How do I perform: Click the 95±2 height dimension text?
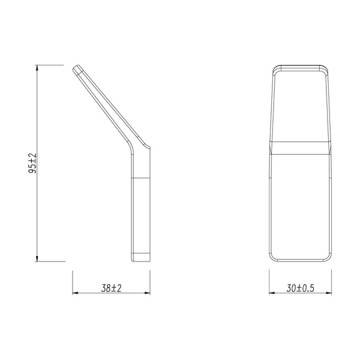[x=34, y=163]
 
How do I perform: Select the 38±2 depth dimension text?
[x=112, y=289]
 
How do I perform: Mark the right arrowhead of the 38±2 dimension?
[x=146, y=293]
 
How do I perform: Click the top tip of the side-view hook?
[x=77, y=67]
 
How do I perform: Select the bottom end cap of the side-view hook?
[x=140, y=259]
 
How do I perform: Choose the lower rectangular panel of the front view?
[x=299, y=204]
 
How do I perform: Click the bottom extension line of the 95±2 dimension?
[x=51, y=262]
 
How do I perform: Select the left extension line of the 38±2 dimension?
[x=73, y=282]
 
